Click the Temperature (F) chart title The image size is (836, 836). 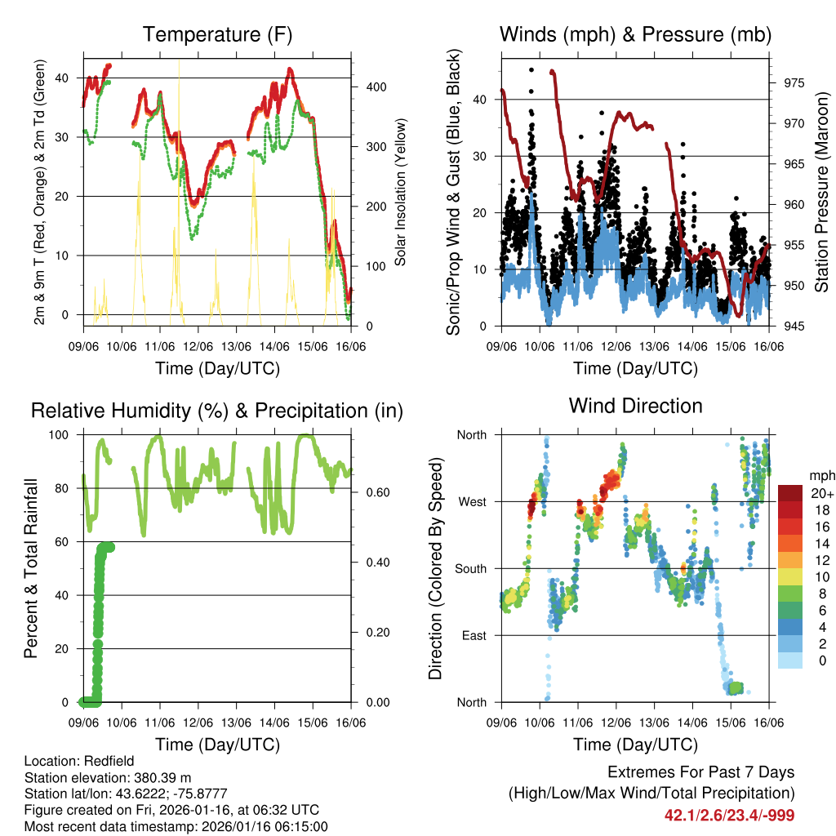point(217,34)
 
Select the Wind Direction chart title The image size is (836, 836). point(635,406)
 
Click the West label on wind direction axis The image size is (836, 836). point(471,501)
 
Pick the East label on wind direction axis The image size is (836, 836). point(473,635)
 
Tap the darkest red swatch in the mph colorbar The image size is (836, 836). point(789,493)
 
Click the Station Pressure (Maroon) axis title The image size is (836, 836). point(821,189)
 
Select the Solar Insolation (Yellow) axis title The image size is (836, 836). point(401,189)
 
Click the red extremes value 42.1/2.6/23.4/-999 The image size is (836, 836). point(729,815)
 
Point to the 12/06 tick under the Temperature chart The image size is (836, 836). point(198,346)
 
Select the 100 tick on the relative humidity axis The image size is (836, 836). point(67,434)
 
